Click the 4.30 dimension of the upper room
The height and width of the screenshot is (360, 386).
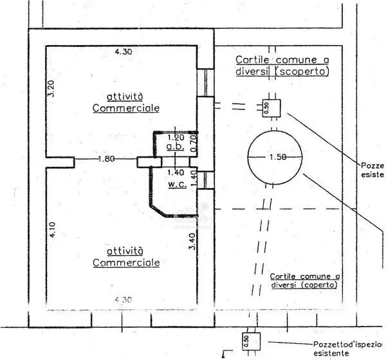point(124,51)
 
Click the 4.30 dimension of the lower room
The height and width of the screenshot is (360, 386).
point(124,299)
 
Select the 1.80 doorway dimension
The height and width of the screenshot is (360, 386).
point(107,159)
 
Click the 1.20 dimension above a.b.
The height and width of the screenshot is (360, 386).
point(175,137)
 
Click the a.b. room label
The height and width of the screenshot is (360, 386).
point(175,147)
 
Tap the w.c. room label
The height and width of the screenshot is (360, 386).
point(176,184)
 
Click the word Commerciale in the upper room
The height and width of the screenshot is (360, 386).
point(126,108)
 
